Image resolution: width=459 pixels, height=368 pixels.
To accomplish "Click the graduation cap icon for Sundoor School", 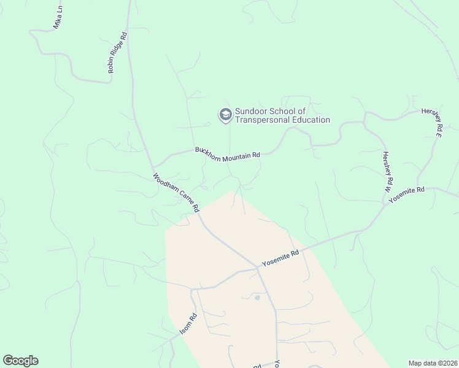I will click(x=225, y=114).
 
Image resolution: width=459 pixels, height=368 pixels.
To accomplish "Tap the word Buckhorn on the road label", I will click(x=207, y=150).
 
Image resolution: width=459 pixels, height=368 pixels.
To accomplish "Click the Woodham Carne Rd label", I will click(x=176, y=192).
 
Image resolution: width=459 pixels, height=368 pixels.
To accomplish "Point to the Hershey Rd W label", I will click(x=387, y=172).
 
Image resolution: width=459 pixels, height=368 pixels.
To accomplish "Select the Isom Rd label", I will click(x=188, y=324).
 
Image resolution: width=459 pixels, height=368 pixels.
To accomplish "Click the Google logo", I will click(x=20, y=361).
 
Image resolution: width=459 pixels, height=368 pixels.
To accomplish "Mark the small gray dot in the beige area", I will click(x=256, y=297).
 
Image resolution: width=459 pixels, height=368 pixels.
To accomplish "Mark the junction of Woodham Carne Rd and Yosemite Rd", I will click(x=257, y=268).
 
